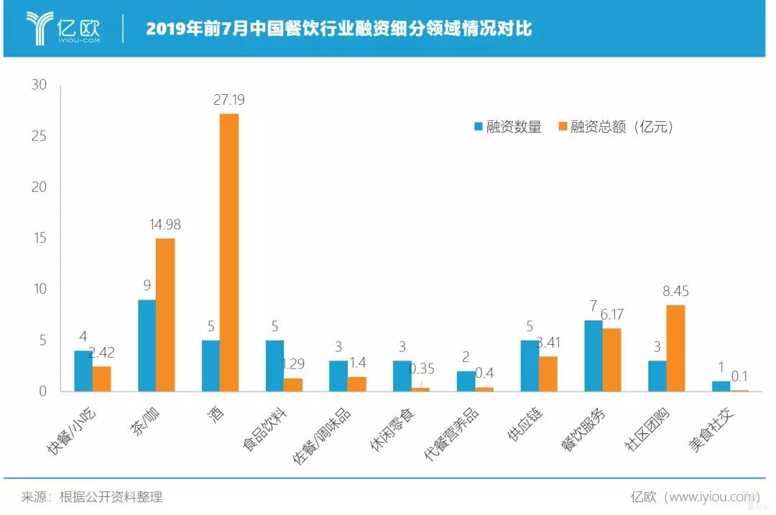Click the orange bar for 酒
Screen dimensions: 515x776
pyautogui.click(x=228, y=252)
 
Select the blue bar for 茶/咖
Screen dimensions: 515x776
pyautogui.click(x=147, y=345)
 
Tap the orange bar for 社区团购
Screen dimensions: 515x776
pyautogui.click(x=675, y=348)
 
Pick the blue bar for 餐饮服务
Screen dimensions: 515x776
pyautogui.click(x=593, y=356)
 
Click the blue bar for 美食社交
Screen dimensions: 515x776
pyautogui.click(x=721, y=386)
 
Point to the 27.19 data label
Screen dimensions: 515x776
pyautogui.click(x=229, y=100)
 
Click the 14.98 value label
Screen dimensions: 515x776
pyautogui.click(x=165, y=225)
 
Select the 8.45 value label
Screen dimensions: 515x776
pyautogui.click(x=675, y=292)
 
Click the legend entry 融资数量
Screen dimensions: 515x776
pyautogui.click(x=507, y=127)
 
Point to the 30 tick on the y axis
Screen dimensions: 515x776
pyautogui.click(x=38, y=85)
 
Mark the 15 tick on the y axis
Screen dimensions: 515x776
pyautogui.click(x=38, y=238)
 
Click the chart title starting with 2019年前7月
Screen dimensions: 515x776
pyautogui.click(x=339, y=29)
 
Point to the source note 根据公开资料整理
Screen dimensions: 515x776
pyautogui.click(x=111, y=496)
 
